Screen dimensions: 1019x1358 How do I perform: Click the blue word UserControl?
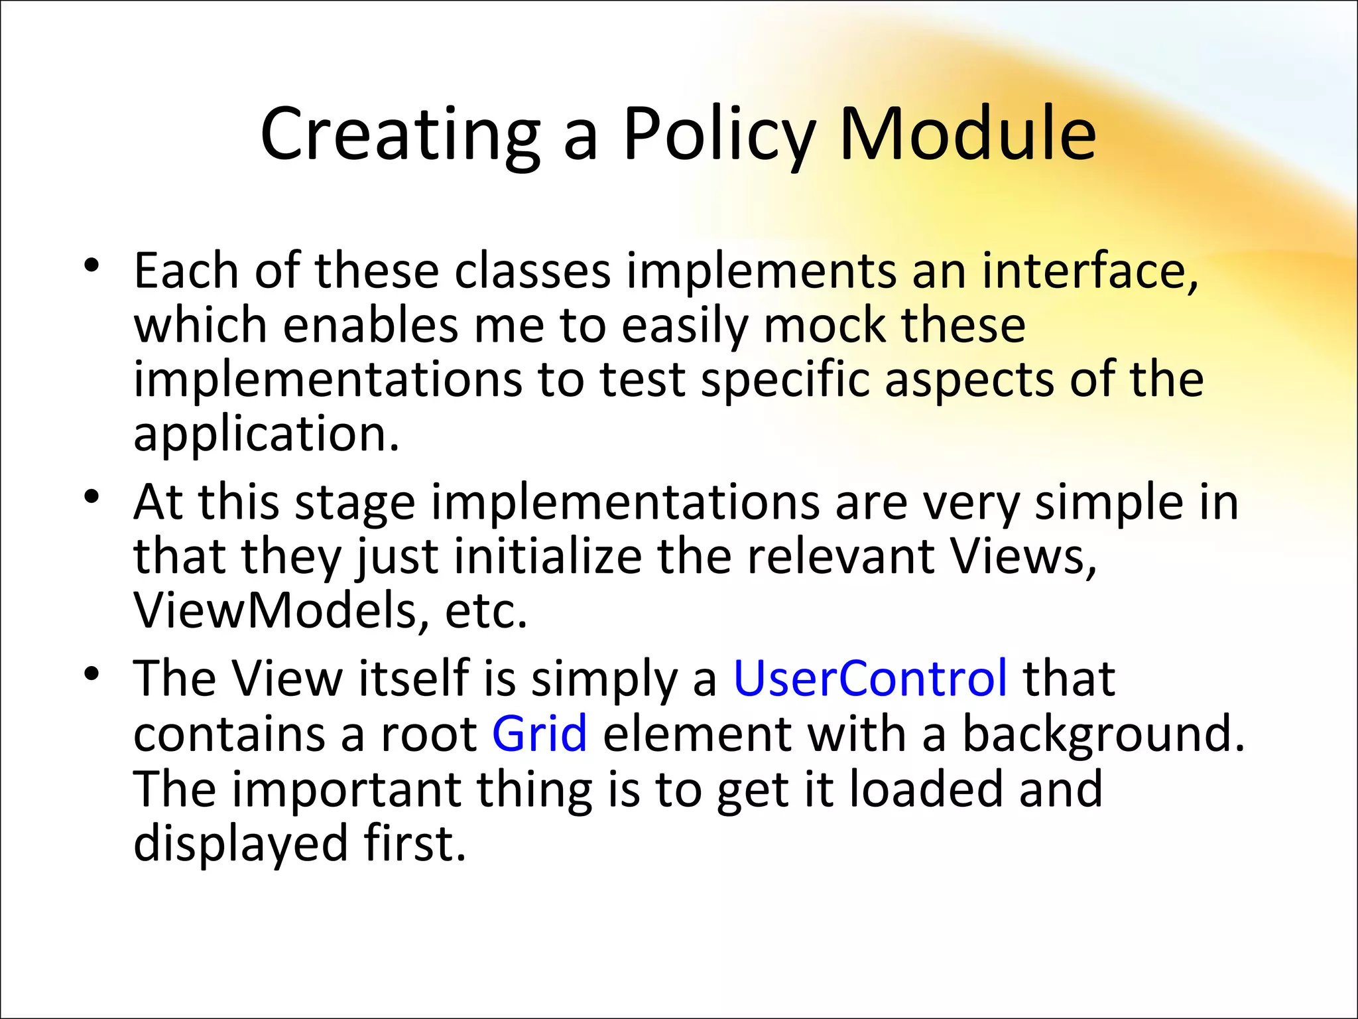click(870, 679)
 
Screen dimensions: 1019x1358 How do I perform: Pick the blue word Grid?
click(539, 734)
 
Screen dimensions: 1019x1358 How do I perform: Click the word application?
click(266, 435)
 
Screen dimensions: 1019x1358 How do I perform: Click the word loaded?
click(926, 789)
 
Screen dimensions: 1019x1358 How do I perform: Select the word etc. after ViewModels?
click(485, 610)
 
